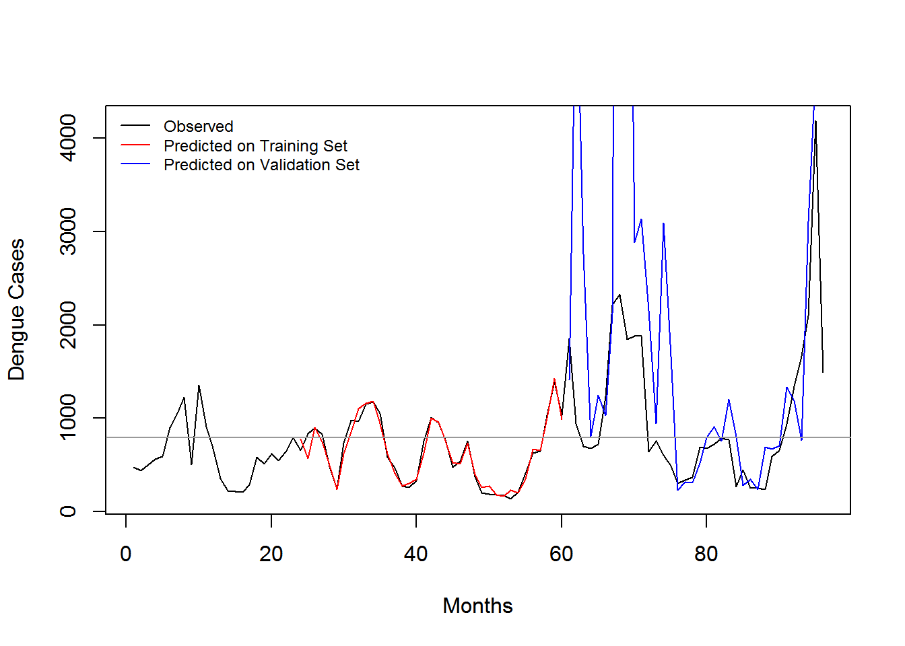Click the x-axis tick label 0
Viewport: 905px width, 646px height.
pyautogui.click(x=126, y=554)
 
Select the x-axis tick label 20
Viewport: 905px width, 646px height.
pyautogui.click(x=271, y=554)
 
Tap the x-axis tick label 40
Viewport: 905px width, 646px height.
pyautogui.click(x=416, y=554)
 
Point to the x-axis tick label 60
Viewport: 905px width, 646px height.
pyautogui.click(x=561, y=554)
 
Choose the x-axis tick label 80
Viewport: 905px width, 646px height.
pyautogui.click(x=706, y=554)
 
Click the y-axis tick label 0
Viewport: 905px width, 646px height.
pyautogui.click(x=68, y=511)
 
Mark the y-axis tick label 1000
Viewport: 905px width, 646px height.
pyautogui.click(x=68, y=418)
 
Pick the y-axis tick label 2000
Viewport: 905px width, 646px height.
pyautogui.click(x=68, y=325)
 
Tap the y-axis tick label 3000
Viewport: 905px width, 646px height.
pyautogui.click(x=68, y=231)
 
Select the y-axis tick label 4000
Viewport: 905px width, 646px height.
pyautogui.click(x=68, y=138)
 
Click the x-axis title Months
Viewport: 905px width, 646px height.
pyautogui.click(x=477, y=606)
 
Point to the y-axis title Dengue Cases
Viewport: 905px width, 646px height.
pyautogui.click(x=16, y=310)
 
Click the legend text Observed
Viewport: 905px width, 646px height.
pyautogui.click(x=199, y=127)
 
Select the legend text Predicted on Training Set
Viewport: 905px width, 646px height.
pyautogui.click(x=255, y=146)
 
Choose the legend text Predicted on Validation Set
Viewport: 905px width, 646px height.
pyautogui.click(x=261, y=165)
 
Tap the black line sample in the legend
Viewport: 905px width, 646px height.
pyautogui.click(x=135, y=126)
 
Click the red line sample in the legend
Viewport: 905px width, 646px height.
pyautogui.click(x=135, y=145)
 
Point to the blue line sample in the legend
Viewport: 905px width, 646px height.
pyautogui.click(x=135, y=164)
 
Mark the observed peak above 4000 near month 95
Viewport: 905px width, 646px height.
pyautogui.click(x=815, y=122)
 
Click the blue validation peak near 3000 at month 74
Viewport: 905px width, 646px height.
pyautogui.click(x=663, y=223)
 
